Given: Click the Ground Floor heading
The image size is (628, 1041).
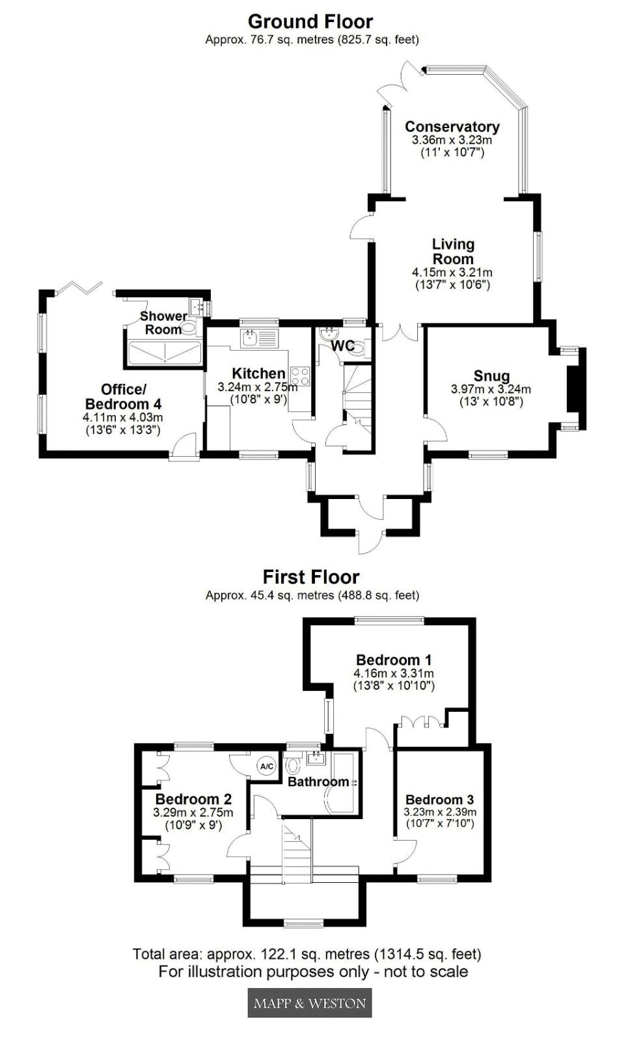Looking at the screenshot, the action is pyautogui.click(x=310, y=22).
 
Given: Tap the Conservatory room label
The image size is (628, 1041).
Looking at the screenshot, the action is pyautogui.click(x=452, y=126).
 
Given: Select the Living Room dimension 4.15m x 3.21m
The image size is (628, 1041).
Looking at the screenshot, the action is pyautogui.click(x=452, y=273).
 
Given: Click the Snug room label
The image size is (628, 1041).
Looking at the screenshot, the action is pyautogui.click(x=491, y=376).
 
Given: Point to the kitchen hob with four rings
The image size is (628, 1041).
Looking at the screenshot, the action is pyautogui.click(x=300, y=375).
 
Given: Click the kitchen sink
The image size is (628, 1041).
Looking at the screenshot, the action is pyautogui.click(x=258, y=339).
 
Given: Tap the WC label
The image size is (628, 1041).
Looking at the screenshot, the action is pyautogui.click(x=342, y=345).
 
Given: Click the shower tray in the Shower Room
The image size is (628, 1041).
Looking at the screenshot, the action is pyautogui.click(x=165, y=353).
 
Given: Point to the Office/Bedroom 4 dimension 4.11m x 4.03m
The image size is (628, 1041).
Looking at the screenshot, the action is pyautogui.click(x=123, y=417).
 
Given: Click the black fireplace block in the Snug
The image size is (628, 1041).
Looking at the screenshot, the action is pyautogui.click(x=577, y=388).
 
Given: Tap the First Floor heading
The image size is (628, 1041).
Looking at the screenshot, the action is pyautogui.click(x=311, y=576).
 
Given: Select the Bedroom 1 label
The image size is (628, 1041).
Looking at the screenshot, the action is pyautogui.click(x=394, y=660).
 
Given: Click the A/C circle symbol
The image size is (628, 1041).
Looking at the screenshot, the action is pyautogui.click(x=267, y=766).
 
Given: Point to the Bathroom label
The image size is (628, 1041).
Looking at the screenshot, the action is pyautogui.click(x=318, y=781).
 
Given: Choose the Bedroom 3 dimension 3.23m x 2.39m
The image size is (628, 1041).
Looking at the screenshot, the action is pyautogui.click(x=440, y=812).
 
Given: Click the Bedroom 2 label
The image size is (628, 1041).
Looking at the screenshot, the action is pyautogui.click(x=193, y=799).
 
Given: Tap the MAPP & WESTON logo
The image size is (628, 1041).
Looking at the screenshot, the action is pyautogui.click(x=310, y=1003).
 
